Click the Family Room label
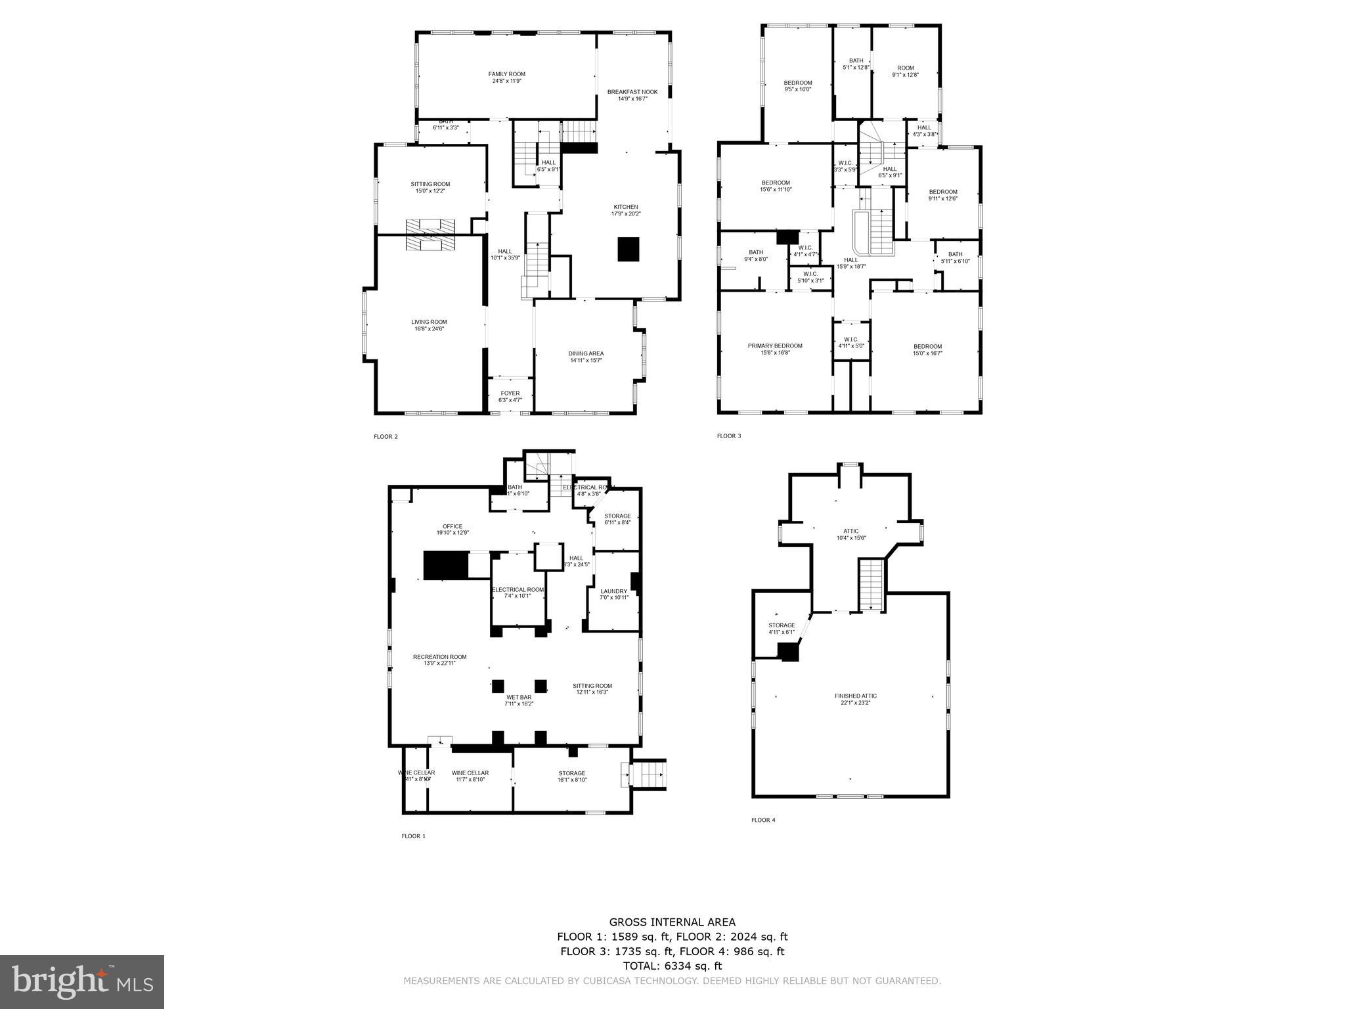click(x=506, y=74)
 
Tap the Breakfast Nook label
click(x=632, y=92)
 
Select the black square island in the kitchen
click(x=628, y=250)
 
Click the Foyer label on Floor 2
click(x=510, y=393)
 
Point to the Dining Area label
click(x=586, y=353)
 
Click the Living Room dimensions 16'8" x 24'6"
click(x=429, y=328)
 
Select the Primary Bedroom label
click(x=775, y=346)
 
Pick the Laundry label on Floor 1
click(x=613, y=591)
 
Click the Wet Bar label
click(x=519, y=697)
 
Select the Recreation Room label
click(x=439, y=657)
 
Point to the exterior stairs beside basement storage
click(x=649, y=774)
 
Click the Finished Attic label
click(x=855, y=696)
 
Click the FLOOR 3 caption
click(x=728, y=436)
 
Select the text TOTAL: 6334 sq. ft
click(x=672, y=966)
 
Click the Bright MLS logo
click(x=81, y=981)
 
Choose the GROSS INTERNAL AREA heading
click(x=672, y=922)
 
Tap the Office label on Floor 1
click(x=452, y=526)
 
